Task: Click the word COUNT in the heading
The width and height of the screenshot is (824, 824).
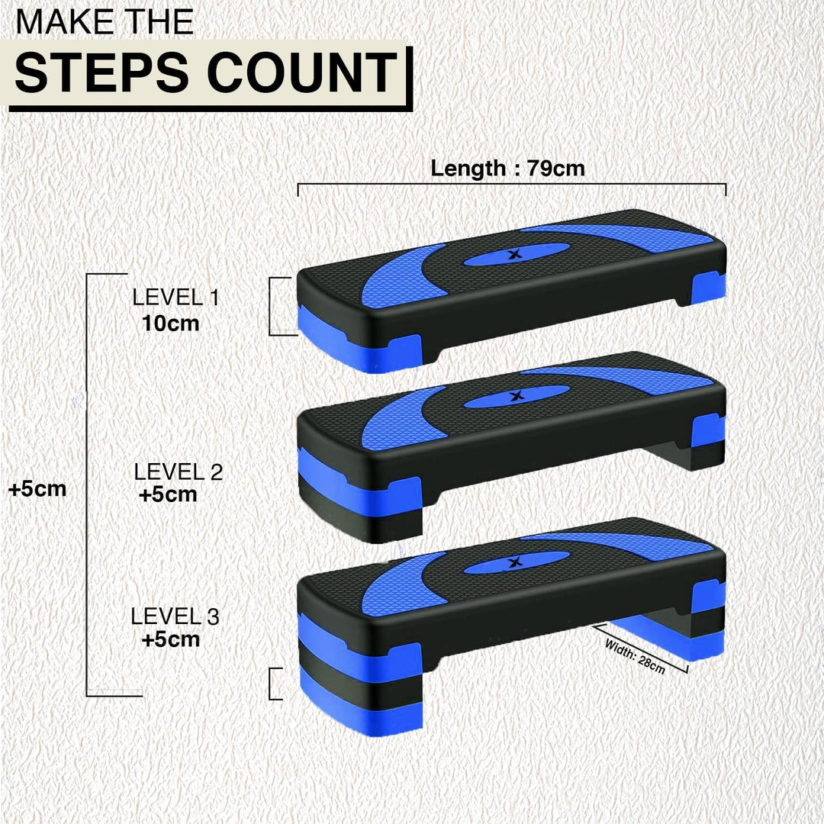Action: (303, 73)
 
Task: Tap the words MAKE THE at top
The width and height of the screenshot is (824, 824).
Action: (104, 21)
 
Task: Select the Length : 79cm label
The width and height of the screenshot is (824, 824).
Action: (507, 168)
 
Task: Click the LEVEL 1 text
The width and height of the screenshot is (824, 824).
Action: (175, 298)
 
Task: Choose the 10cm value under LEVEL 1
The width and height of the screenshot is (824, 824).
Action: (170, 323)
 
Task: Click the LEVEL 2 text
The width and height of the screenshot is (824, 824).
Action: (178, 472)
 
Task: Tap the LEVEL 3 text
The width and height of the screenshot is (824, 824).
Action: (175, 616)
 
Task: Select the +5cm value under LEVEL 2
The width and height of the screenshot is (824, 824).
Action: (168, 494)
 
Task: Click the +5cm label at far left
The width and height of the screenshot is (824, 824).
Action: (37, 489)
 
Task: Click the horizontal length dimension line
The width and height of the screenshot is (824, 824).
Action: (511, 185)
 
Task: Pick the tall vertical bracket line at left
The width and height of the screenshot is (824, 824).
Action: (89, 484)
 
